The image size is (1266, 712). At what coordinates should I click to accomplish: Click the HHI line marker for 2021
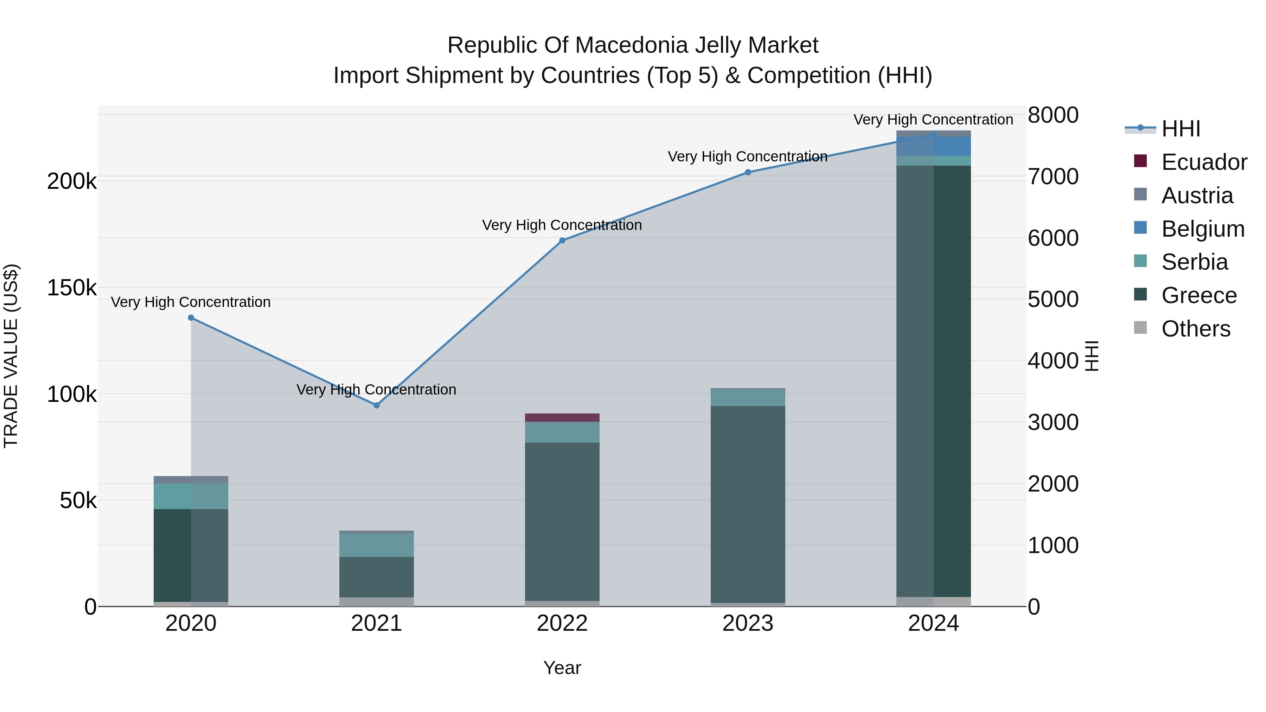click(376, 405)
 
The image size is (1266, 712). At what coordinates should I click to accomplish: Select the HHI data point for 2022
click(562, 240)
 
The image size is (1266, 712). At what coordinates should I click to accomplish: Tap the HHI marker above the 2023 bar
click(748, 172)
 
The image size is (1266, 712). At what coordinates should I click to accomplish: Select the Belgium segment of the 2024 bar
click(933, 146)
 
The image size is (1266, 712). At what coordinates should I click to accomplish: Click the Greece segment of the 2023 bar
click(748, 503)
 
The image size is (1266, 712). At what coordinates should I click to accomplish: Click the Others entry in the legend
click(1195, 328)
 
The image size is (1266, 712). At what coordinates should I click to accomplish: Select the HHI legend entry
click(1181, 129)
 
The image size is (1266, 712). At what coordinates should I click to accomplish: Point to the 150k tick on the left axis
click(72, 288)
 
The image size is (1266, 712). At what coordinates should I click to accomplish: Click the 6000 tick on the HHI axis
click(1053, 238)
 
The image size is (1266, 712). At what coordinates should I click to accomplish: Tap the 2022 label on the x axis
click(562, 623)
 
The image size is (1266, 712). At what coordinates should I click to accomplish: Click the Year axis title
click(562, 668)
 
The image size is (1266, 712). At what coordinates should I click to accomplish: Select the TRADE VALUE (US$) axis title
click(11, 356)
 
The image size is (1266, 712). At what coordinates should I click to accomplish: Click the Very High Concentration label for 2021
click(376, 390)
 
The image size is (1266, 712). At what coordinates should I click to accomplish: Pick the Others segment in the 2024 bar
click(933, 602)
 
